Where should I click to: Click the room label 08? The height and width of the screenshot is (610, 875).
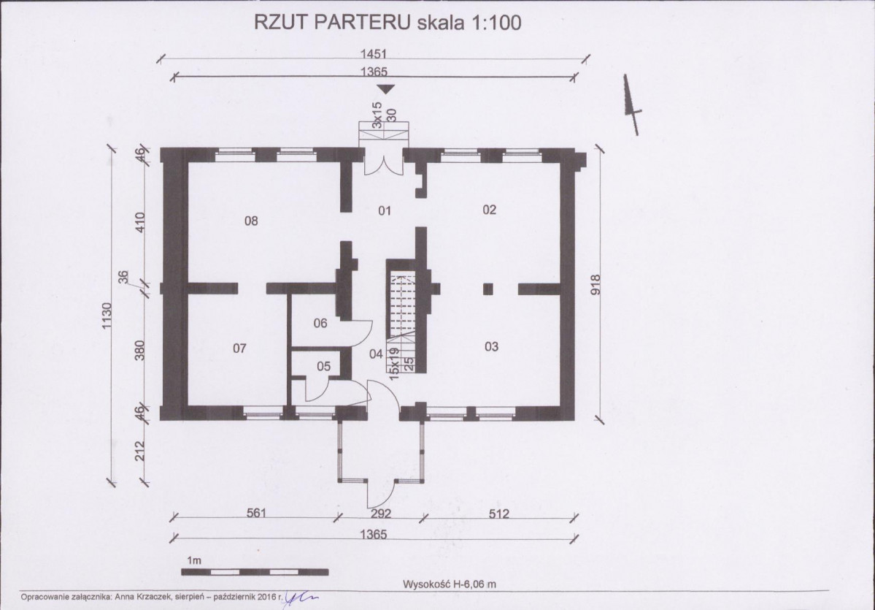point(251,221)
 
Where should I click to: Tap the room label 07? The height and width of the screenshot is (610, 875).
point(239,348)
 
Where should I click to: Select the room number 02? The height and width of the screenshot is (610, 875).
point(490,210)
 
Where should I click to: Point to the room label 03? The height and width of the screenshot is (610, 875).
point(491,347)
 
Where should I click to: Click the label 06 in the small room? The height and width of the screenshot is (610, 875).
point(320,323)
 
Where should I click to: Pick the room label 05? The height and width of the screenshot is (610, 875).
point(324,367)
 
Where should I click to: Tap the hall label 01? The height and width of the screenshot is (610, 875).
point(385,210)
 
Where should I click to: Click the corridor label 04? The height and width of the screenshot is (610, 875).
point(376,354)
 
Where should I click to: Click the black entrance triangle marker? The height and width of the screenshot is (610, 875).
point(385,89)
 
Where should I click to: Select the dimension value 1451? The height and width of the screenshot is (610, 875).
point(374,53)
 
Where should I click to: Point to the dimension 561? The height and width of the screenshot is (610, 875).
point(256,512)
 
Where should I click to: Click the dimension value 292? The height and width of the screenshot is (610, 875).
point(381,513)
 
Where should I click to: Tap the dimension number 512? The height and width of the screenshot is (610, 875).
point(499,513)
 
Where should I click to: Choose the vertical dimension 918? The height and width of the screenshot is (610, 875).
point(595,285)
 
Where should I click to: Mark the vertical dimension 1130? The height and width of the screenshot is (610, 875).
point(107,316)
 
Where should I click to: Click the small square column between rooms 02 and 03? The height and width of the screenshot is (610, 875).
point(487,289)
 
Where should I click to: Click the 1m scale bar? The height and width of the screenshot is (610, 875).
point(255,572)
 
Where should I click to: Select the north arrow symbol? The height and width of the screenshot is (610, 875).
point(632,104)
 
